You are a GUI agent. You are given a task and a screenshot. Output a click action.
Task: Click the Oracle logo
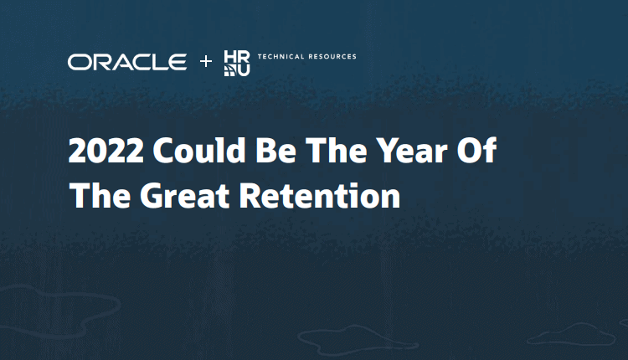(x=127, y=62)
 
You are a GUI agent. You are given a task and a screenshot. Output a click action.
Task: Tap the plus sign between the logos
(x=206, y=61)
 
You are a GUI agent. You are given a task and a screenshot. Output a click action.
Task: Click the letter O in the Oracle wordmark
(x=78, y=62)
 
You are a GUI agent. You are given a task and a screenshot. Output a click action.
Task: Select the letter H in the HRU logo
(x=230, y=56)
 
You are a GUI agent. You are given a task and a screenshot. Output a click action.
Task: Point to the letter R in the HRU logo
(x=244, y=56)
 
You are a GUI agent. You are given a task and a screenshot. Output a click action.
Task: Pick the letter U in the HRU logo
(x=244, y=70)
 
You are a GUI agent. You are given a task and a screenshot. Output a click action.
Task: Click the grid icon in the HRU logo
(x=230, y=70)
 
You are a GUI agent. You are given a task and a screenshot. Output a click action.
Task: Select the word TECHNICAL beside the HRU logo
(x=281, y=56)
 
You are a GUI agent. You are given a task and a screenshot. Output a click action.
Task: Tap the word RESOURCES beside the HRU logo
(x=332, y=56)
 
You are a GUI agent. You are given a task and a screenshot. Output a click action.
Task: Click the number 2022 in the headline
(x=106, y=151)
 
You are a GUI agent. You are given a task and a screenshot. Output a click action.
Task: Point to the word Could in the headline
(x=199, y=150)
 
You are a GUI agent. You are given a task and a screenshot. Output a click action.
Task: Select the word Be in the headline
(x=276, y=150)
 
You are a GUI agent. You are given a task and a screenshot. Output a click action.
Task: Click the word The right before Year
(x=337, y=150)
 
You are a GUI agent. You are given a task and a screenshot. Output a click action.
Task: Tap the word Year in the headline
(x=412, y=150)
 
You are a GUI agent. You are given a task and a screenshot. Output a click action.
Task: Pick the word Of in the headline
(x=477, y=150)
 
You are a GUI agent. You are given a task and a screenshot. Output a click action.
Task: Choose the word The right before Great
(x=100, y=195)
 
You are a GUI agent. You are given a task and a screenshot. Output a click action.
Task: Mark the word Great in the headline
(x=185, y=196)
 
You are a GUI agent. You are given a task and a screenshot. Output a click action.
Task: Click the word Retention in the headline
(x=320, y=196)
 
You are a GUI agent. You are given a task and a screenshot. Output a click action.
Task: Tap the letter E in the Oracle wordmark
(x=177, y=62)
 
